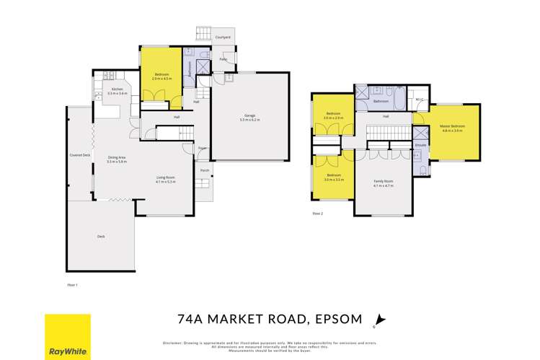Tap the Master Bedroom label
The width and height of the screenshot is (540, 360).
tap(452, 126)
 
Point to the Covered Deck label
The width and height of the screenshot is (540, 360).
tap(79, 155)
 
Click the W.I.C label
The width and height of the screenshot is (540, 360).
tap(420, 98)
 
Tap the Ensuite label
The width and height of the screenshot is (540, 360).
tap(420, 145)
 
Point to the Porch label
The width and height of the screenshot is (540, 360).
tap(205, 171)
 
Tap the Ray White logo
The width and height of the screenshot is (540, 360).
tap(68, 336)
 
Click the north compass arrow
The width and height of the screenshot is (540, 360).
tap(381, 320)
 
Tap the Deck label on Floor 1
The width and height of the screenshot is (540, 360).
tap(101, 236)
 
